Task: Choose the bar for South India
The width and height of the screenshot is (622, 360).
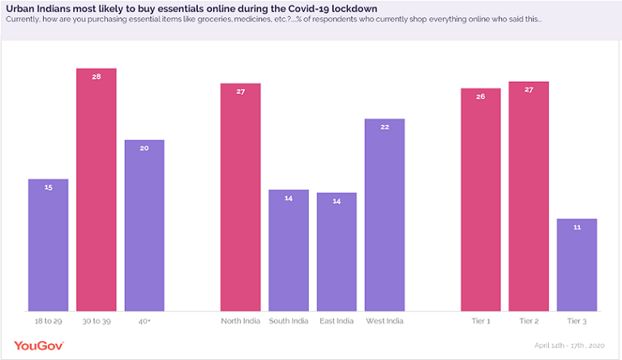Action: pos(288,250)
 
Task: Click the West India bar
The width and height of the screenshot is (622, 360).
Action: pos(384,215)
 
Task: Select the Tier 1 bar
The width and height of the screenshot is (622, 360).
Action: pos(481,199)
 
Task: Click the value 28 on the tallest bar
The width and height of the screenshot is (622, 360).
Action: pos(96,77)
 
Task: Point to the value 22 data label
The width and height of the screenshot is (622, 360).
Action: pos(384,127)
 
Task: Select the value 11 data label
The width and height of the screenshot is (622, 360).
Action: pos(577,227)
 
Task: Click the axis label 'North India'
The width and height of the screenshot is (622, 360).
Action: pos(240,321)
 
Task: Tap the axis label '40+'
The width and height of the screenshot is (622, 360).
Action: pos(145,321)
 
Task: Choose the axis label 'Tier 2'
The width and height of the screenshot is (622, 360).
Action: pos(528,321)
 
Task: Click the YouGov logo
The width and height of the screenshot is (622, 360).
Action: pos(39,346)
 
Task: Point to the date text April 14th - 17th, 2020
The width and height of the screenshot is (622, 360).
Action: pos(570,346)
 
